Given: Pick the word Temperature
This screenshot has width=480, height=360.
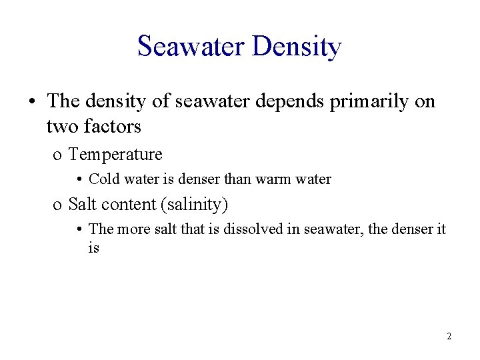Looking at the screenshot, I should point(115,155).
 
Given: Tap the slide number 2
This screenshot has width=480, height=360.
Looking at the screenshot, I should point(449,337).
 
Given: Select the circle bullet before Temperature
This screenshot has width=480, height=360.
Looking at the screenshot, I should point(57,156).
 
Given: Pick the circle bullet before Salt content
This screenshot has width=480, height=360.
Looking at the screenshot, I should point(57,205).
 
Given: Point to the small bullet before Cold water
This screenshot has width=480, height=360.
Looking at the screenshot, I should point(79,179).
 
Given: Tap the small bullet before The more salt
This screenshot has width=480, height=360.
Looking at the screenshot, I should point(79,229).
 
